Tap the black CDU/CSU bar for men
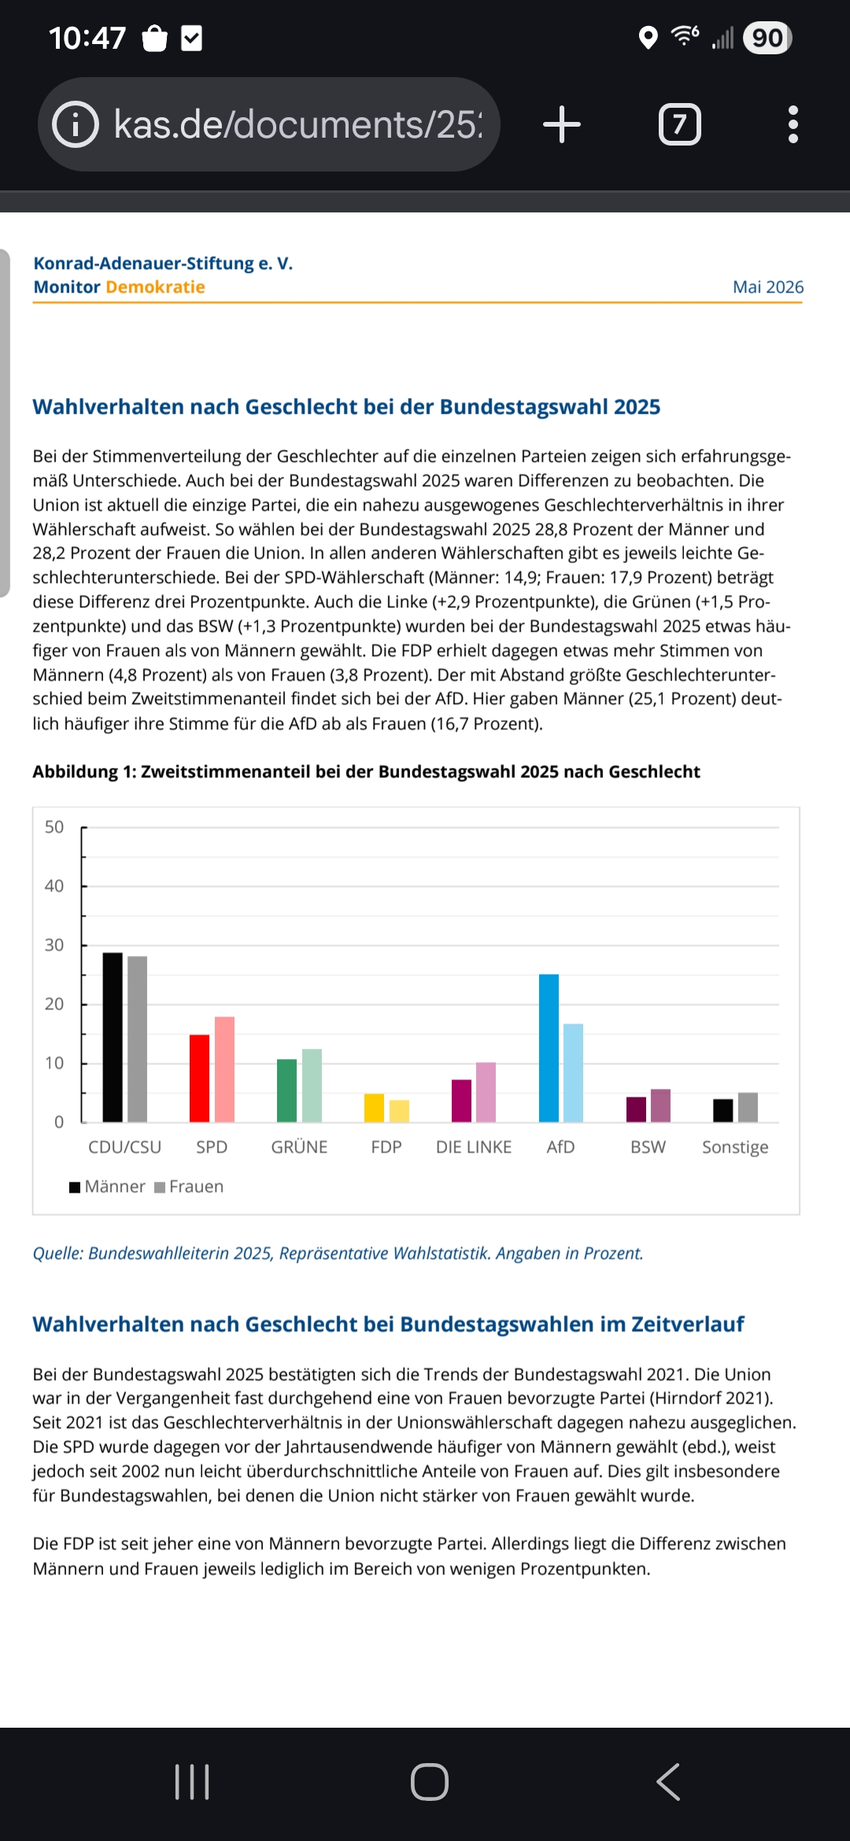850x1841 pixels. [113, 1037]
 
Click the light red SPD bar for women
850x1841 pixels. [224, 1069]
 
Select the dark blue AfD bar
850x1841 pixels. [549, 1048]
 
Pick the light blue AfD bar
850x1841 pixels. [573, 1072]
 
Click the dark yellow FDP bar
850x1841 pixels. [374, 1108]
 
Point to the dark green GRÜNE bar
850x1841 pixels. [286, 1090]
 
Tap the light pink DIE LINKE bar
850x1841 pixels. [486, 1092]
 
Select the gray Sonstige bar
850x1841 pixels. [748, 1107]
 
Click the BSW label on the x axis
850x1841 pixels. [648, 1147]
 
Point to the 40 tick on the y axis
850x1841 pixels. [54, 886]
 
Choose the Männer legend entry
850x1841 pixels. [107, 1186]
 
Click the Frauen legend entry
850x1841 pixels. [189, 1186]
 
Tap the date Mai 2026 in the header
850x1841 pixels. [768, 287]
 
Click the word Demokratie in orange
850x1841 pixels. [155, 287]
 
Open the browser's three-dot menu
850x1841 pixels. [793, 124]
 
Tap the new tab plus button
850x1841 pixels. [562, 124]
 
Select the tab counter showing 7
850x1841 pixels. [680, 124]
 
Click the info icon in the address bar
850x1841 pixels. [76, 124]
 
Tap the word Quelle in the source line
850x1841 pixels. [57, 1253]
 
